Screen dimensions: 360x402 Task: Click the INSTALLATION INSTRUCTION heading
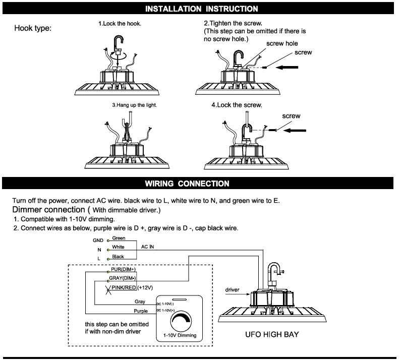(201, 9)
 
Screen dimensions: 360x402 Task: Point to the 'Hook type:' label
(33, 28)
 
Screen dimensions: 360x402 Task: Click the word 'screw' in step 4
(291, 116)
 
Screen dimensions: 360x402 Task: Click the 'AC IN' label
(148, 247)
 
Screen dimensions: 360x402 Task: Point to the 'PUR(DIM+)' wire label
(124, 270)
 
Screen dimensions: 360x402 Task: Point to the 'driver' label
(233, 290)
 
